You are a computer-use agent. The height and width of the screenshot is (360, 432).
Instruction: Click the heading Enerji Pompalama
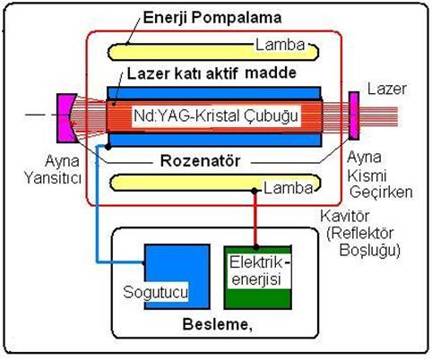212,18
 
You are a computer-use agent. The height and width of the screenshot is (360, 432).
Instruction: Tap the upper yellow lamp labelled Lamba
212,52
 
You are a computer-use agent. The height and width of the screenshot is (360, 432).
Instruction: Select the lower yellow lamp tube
215,182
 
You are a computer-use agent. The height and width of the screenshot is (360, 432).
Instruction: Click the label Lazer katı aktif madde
212,73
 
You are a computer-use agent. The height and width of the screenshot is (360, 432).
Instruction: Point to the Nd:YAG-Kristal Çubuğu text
216,116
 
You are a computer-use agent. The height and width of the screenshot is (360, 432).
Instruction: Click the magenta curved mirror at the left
67,118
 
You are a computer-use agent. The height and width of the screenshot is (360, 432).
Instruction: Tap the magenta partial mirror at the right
354,116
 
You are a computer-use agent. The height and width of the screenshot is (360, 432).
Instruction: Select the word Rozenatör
200,161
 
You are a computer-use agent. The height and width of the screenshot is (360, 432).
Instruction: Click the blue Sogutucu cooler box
177,277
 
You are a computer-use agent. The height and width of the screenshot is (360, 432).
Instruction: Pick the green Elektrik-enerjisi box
258,278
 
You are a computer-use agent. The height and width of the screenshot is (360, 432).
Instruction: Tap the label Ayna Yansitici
53,169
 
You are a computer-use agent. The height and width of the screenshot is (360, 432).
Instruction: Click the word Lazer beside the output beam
387,89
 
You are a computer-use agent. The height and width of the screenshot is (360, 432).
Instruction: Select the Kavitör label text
345,216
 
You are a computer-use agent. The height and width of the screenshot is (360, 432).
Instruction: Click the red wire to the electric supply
255,219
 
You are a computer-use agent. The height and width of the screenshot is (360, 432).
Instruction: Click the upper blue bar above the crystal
214,92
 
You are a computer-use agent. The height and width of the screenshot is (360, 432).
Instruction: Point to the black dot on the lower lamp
255,191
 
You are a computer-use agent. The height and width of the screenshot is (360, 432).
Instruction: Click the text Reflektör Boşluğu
364,242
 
